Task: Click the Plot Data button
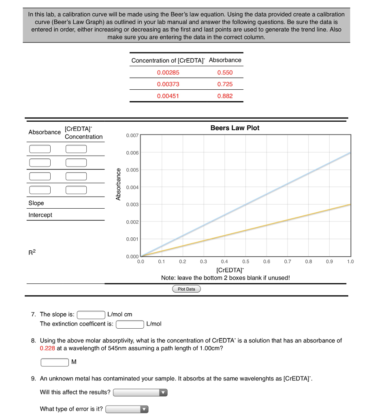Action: (x=186, y=289)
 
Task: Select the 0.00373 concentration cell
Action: (x=168, y=84)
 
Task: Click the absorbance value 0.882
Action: (x=225, y=96)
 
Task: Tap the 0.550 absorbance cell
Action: (x=225, y=72)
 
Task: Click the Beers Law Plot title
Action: (x=235, y=128)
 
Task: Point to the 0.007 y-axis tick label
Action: (x=132, y=135)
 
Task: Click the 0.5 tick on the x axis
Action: (x=246, y=262)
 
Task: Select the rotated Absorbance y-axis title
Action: (x=118, y=184)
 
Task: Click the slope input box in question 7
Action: (x=91, y=315)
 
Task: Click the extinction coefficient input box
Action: (x=130, y=324)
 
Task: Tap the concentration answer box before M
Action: (x=55, y=362)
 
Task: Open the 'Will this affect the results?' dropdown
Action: (x=140, y=393)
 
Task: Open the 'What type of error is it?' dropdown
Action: (x=127, y=409)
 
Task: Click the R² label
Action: (x=32, y=253)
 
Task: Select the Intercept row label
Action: (x=40, y=215)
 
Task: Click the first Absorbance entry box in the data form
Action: (x=40, y=149)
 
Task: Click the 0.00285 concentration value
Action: (x=168, y=72)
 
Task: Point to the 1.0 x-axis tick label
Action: (x=350, y=262)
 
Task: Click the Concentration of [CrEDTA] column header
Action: (x=168, y=60)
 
